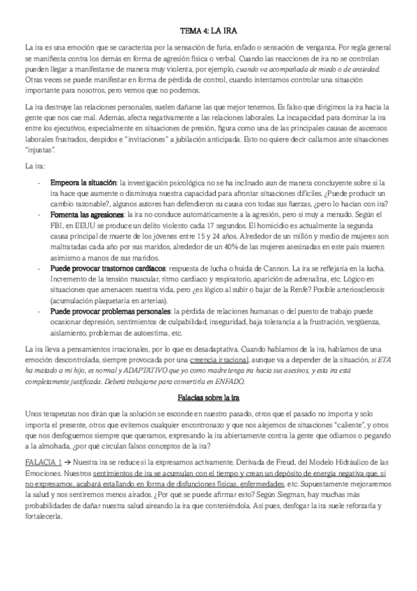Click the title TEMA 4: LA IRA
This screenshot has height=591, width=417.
point(209,31)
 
